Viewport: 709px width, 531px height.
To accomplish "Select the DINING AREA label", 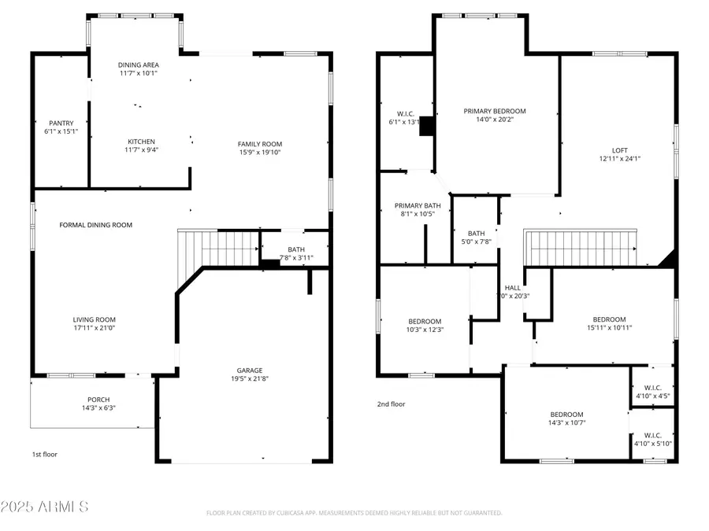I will click(138, 65).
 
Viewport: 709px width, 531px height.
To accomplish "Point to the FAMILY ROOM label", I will click(260, 144).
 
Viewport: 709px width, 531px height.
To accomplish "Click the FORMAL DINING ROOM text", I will click(96, 225).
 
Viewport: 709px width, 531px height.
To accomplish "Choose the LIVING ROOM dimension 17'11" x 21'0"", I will click(95, 330).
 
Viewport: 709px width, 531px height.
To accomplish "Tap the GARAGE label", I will click(251, 371).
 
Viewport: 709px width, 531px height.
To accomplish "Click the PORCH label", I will click(98, 400).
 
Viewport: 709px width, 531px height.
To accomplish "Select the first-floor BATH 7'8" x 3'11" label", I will click(295, 249).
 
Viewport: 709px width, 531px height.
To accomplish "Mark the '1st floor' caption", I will click(44, 454).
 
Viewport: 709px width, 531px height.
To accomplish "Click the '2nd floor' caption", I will click(391, 404).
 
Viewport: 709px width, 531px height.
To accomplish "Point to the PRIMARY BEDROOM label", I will click(494, 112).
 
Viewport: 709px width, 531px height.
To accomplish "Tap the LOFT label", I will click(620, 150).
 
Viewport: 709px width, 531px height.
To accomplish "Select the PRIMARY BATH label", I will click(418, 206).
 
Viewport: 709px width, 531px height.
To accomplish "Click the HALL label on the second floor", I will click(513, 288).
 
